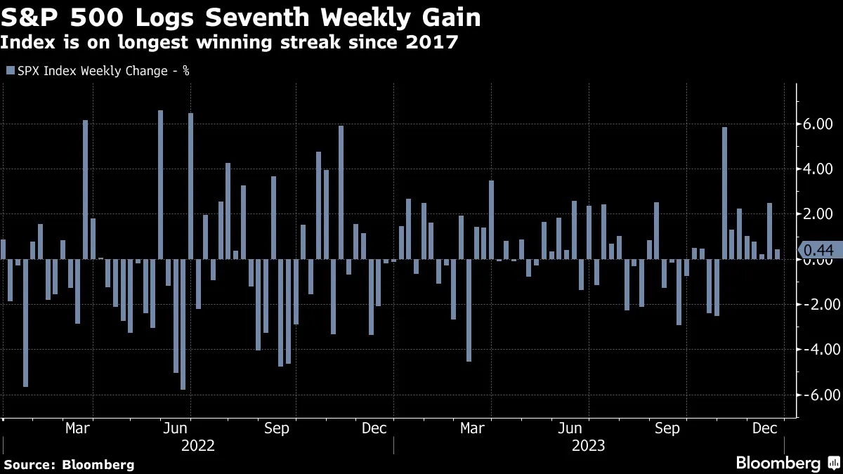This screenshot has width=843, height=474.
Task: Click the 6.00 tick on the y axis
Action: point(818,124)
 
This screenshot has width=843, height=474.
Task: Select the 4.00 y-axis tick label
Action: point(818,169)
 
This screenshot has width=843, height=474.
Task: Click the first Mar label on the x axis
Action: point(78,428)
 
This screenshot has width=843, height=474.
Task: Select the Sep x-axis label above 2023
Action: point(667,428)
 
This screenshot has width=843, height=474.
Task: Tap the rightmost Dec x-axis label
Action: point(765,428)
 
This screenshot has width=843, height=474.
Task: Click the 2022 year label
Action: point(197,445)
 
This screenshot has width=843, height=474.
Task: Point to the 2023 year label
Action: point(589,445)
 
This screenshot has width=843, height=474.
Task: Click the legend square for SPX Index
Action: point(10,70)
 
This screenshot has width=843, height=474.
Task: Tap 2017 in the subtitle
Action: point(434,43)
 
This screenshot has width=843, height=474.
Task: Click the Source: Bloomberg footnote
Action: point(69,464)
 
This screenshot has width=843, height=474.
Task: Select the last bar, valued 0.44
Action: point(777,254)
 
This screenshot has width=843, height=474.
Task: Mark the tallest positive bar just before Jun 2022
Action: point(160,185)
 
